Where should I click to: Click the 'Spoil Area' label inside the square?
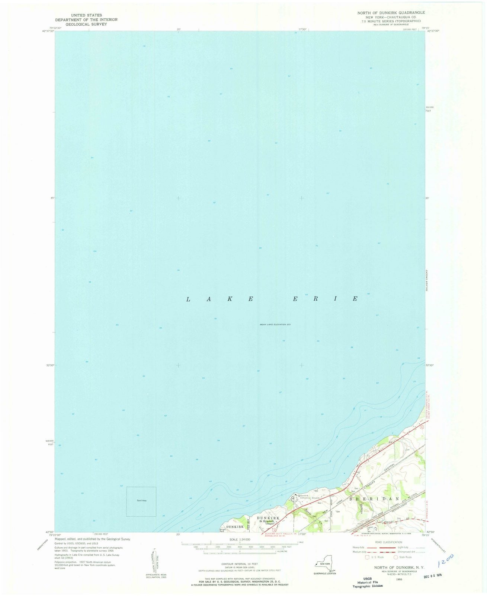[x=141, y=500]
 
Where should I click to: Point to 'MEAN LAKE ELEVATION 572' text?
[x=275, y=324]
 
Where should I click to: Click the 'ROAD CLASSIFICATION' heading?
[x=388, y=542]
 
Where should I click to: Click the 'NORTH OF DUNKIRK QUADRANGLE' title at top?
[x=386, y=12]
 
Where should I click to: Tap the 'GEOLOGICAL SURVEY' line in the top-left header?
[x=86, y=24]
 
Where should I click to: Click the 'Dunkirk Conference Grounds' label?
[x=310, y=497]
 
